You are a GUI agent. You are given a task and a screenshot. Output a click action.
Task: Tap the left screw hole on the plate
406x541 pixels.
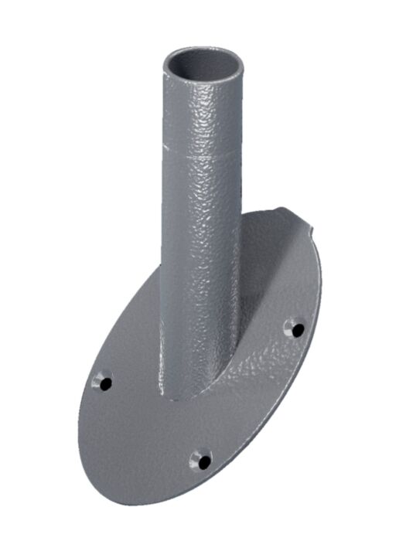click(x=102, y=381)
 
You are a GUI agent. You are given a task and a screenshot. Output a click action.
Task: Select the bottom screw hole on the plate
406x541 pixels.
click(x=201, y=461)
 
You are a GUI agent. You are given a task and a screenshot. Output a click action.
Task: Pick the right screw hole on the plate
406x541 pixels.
click(x=295, y=328)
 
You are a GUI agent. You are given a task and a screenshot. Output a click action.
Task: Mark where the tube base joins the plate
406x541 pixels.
click(x=193, y=394)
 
